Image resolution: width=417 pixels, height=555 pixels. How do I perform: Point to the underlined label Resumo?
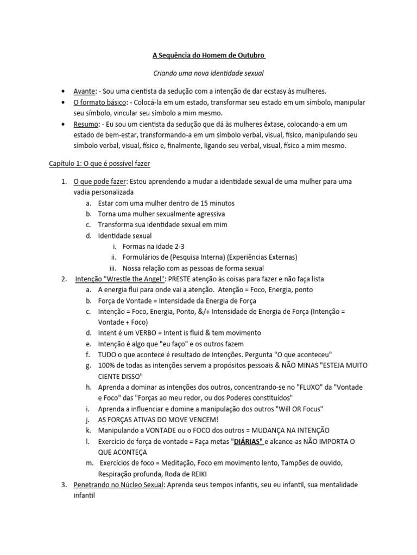click(86, 124)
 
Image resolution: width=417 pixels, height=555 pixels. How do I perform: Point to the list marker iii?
click(113, 268)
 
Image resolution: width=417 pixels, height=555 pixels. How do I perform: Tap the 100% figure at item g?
click(107, 366)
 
